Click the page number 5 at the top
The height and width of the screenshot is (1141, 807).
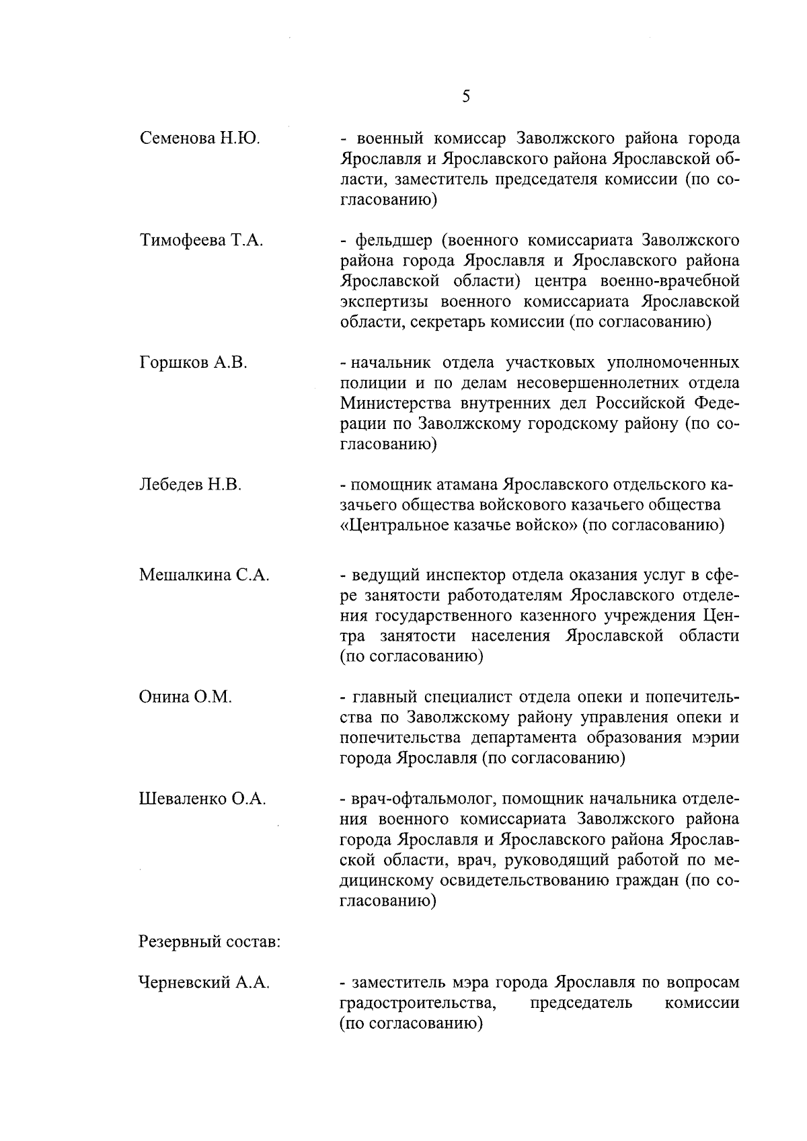pyautogui.click(x=466, y=96)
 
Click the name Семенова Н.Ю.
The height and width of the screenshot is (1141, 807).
pyautogui.click(x=200, y=139)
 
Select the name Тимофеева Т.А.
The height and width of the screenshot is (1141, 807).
pyautogui.click(x=201, y=241)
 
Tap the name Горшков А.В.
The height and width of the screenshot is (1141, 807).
pyautogui.click(x=193, y=363)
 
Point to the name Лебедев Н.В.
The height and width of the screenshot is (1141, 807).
pyautogui.click(x=190, y=485)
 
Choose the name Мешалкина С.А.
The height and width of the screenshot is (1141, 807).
pyautogui.click(x=204, y=576)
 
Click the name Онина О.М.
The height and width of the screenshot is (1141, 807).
pyautogui.click(x=185, y=697)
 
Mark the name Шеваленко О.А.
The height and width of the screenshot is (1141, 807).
pyautogui.click(x=202, y=799)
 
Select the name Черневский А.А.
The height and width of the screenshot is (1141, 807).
pyautogui.click(x=204, y=983)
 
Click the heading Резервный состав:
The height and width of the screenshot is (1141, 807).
pyautogui.click(x=209, y=942)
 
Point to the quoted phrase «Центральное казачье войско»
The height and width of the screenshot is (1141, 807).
pyautogui.click(x=458, y=525)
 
